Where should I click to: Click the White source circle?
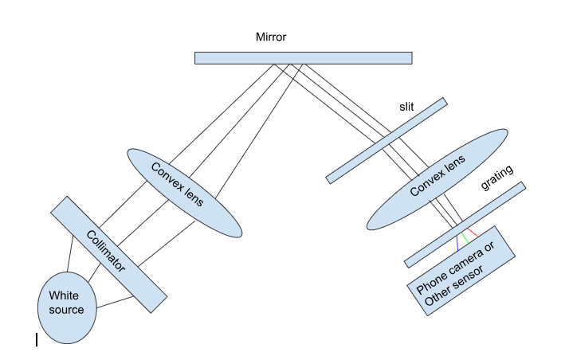point(69,302)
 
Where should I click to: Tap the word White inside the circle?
point(65,295)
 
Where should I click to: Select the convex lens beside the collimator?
point(182,192)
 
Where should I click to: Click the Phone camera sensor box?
point(463,276)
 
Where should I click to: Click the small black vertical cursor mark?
point(37,340)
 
